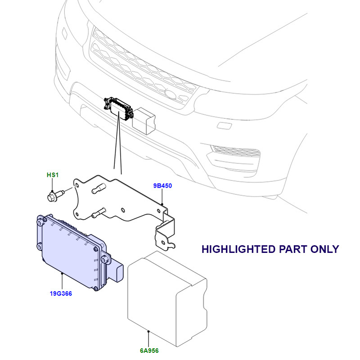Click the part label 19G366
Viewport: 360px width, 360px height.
pos(61,294)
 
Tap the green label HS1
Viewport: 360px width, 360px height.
pos(53,175)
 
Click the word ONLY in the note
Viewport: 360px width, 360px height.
pos(324,249)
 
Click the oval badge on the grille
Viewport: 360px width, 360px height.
pos(171,94)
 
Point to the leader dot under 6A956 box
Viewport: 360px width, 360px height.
pos(148,332)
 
